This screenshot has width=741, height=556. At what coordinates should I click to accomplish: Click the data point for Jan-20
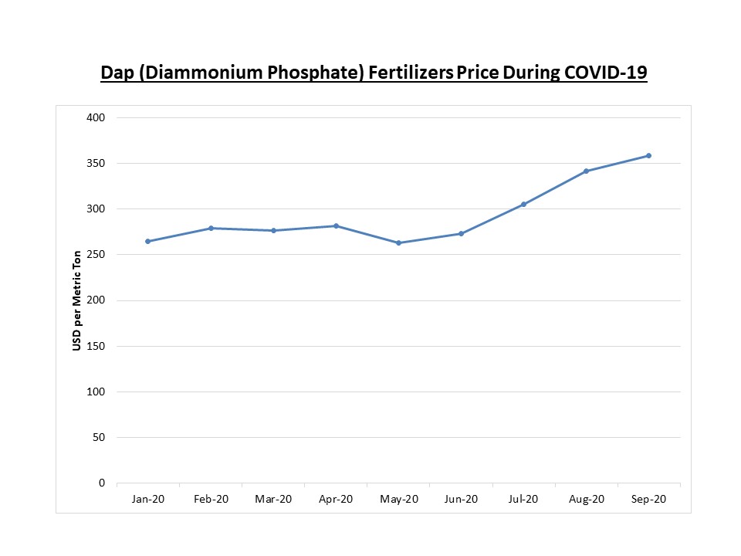tap(147, 242)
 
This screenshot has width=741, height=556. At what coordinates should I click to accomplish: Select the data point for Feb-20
tap(211, 228)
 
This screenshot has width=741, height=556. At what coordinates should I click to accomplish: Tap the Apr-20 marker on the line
tap(336, 225)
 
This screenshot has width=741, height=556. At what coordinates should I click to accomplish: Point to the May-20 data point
tap(398, 243)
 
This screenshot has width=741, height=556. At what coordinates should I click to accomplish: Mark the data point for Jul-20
tap(523, 205)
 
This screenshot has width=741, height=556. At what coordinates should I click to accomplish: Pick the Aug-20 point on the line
tap(586, 171)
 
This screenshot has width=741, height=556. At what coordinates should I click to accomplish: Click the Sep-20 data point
tap(649, 156)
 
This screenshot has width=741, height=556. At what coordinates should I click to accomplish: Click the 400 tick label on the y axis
tap(96, 117)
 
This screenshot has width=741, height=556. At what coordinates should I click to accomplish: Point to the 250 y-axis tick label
tap(96, 255)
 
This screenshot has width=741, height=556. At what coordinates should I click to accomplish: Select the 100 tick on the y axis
tap(96, 392)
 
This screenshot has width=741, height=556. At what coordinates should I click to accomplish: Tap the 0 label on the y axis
tap(101, 483)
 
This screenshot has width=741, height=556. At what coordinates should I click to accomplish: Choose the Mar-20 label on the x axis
tap(273, 500)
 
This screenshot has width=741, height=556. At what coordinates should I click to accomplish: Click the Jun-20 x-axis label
tap(461, 500)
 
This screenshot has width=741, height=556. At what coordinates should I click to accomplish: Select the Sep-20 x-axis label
tap(649, 500)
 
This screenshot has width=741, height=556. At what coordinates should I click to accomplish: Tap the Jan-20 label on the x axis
tap(147, 500)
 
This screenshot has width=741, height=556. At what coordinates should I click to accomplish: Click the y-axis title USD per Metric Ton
tap(77, 300)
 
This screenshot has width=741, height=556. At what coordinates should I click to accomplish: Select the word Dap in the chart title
tap(117, 73)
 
